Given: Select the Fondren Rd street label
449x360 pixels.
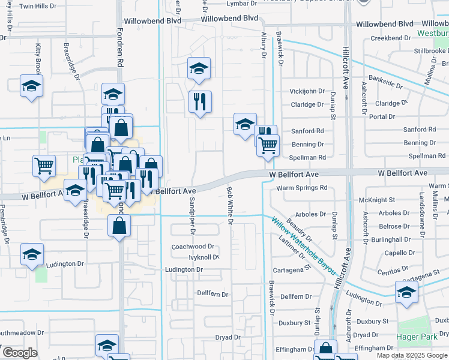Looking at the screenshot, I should click(x=120, y=54).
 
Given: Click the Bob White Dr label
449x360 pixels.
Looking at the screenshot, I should click(x=229, y=205).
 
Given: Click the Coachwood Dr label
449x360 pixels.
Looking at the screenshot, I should click(x=193, y=247).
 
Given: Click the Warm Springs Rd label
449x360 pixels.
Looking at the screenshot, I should click(x=302, y=188).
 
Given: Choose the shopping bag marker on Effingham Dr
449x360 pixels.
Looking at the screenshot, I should click(x=325, y=349).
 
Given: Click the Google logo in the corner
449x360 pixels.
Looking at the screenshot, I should click(x=19, y=353).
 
